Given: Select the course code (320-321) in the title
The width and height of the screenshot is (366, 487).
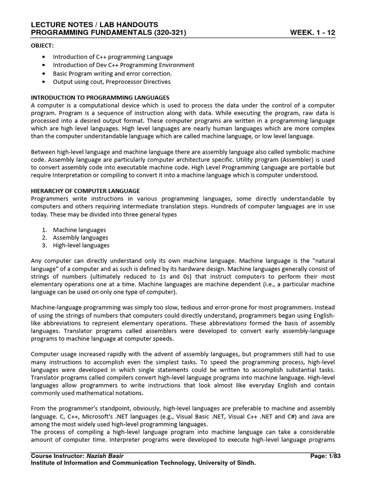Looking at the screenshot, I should (168, 32).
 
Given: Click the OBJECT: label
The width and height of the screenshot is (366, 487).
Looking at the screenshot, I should (42, 45).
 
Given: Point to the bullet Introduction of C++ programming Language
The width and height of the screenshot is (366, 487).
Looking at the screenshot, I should (112, 57).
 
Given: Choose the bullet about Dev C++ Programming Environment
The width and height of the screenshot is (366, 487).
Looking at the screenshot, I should (123, 65).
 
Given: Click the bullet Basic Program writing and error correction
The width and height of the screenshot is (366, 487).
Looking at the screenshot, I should (112, 73).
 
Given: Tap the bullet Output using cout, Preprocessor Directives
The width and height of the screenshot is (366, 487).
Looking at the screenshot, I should (112, 81).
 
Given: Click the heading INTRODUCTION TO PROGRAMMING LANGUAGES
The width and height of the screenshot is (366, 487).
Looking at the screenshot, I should (100, 97).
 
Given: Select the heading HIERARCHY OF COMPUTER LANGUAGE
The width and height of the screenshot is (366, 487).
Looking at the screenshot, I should (85, 190).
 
